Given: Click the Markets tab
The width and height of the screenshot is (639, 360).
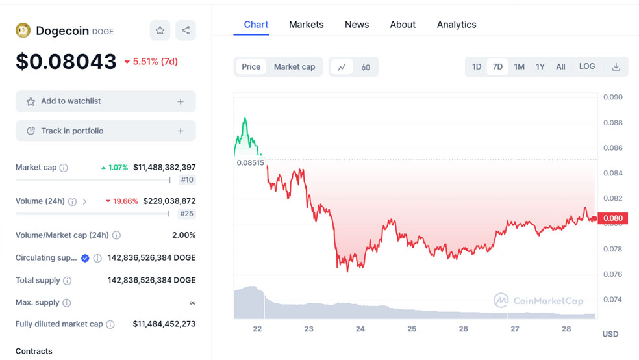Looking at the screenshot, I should (306, 25).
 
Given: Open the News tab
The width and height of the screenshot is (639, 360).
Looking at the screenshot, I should (357, 25).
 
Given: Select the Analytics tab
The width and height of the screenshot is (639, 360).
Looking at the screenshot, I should (456, 25).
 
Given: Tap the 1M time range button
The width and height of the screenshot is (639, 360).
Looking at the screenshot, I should (519, 66).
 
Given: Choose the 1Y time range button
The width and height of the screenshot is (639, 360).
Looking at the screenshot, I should (540, 66).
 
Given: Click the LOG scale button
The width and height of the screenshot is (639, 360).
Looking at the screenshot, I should (586, 66).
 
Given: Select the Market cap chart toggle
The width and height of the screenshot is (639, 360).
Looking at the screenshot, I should (294, 66).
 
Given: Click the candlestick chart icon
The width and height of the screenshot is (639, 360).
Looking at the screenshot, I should (366, 67).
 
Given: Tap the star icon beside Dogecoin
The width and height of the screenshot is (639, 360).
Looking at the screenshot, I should (160, 31).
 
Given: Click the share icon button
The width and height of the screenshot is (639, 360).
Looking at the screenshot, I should (186, 31).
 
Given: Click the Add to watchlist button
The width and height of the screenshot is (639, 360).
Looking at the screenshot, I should (105, 101).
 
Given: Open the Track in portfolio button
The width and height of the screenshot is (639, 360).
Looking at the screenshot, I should (105, 131).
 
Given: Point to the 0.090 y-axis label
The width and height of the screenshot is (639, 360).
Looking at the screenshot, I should (612, 97).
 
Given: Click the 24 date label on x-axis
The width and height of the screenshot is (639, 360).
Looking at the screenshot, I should (360, 329).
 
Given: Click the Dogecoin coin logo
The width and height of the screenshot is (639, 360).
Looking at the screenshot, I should (23, 30).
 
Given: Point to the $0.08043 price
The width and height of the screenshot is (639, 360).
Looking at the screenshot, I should (66, 61).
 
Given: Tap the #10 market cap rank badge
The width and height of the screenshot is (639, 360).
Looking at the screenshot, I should (187, 180).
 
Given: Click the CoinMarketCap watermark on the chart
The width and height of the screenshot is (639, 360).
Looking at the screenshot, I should (538, 301).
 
